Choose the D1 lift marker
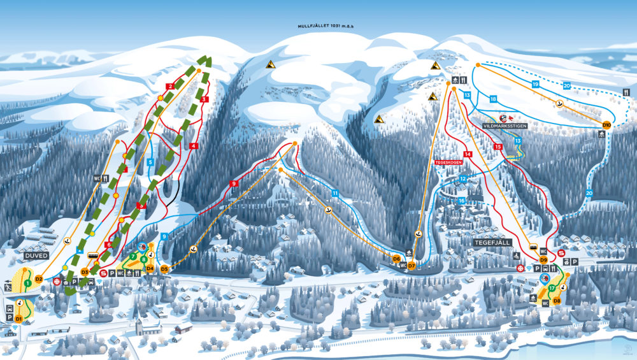coord(19,318)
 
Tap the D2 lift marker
coord(39,278)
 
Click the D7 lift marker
coord(412,265)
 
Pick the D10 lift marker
coord(606,124)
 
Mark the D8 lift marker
coord(557,300)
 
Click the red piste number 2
coord(170,86)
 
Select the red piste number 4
coord(192,146)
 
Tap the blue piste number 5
coord(150,162)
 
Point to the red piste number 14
coord(468,154)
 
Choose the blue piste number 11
coord(334,193)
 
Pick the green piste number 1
coord(28,282)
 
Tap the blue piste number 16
coord(461,200)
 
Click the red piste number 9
coord(234,184)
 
